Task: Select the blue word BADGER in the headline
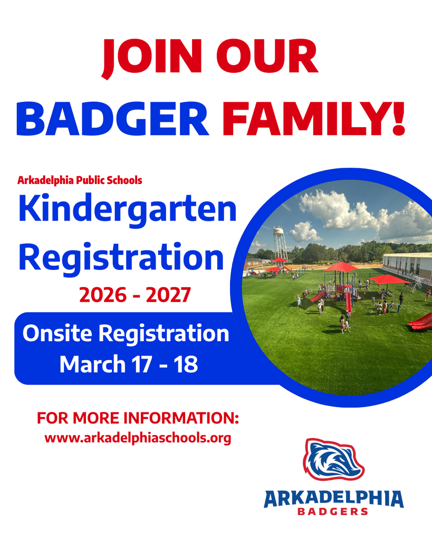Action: click(112, 119)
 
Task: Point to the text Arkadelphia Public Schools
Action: click(80, 180)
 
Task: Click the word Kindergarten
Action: click(127, 210)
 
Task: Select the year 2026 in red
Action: click(103, 295)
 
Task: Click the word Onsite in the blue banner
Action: click(57, 334)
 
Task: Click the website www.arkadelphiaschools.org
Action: click(138, 438)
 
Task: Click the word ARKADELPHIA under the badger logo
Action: click(333, 498)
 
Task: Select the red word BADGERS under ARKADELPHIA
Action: click(333, 512)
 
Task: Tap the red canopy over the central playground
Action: click(340, 267)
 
